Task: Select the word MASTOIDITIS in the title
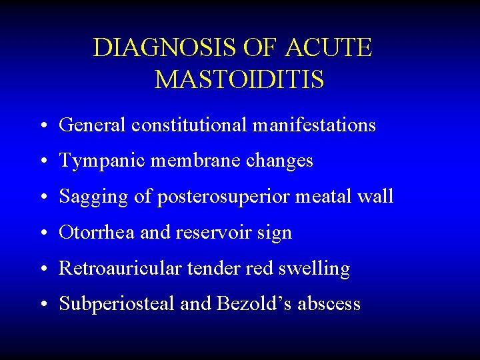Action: coord(239,80)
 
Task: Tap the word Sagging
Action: coord(89,197)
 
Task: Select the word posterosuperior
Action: coord(209,197)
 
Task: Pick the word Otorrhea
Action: coord(91,233)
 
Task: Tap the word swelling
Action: coord(317,269)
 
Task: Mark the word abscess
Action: coord(329,304)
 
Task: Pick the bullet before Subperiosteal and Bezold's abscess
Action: coord(43,305)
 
